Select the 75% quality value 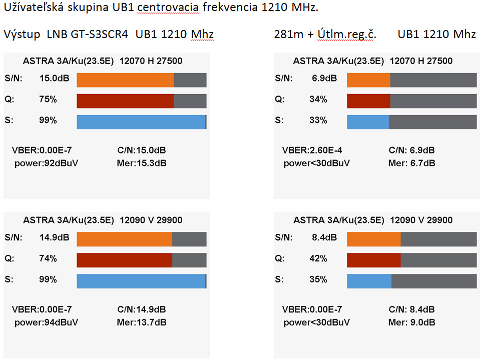[48, 100]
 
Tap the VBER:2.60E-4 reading [312, 150]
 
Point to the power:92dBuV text [47, 163]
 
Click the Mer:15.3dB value [142, 163]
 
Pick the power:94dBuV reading [47, 322]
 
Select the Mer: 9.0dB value [411, 322]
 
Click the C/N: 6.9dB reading [411, 150]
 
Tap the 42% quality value [318, 259]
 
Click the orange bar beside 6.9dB [368, 80]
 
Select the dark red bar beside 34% [368, 101]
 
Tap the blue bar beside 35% [369, 281]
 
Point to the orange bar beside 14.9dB [124, 239]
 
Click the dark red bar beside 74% [124, 260]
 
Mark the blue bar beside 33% [368, 122]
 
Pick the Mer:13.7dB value [142, 322]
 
